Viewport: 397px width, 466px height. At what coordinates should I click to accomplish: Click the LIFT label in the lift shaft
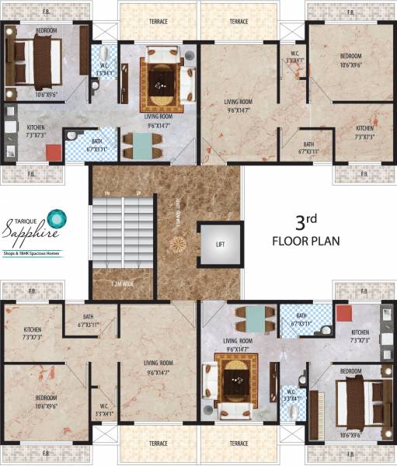click(x=219, y=244)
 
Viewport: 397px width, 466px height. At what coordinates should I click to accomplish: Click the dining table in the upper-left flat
click(x=142, y=145)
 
